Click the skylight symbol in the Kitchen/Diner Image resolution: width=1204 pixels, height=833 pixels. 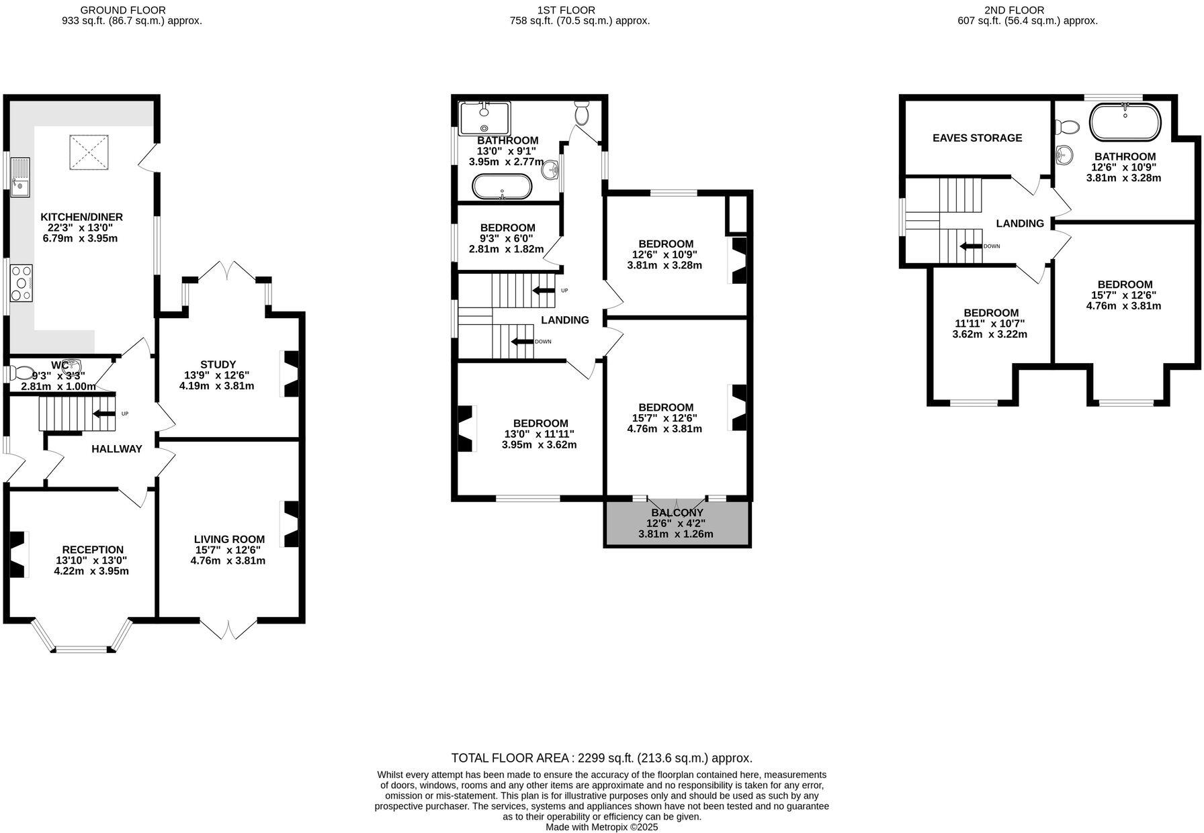pyautogui.click(x=89, y=152)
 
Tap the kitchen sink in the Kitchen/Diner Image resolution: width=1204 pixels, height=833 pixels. pyautogui.click(x=20, y=177)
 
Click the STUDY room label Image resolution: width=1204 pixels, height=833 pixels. pyautogui.click(x=218, y=364)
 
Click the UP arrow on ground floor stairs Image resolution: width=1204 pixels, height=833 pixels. pyautogui.click(x=103, y=413)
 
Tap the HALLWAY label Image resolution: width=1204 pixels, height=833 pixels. pyautogui.click(x=117, y=449)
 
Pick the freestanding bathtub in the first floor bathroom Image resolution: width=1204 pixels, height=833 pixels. pyautogui.click(x=502, y=187)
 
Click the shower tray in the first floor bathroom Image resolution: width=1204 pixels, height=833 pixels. pyautogui.click(x=484, y=118)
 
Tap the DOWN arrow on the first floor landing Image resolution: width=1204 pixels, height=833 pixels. pyautogui.click(x=521, y=341)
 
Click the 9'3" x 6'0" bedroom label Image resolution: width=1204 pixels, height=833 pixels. pyautogui.click(x=507, y=238)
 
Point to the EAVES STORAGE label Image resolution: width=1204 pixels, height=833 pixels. pyautogui.click(x=977, y=138)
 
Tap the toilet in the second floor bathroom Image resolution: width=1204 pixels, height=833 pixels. pyautogui.click(x=1067, y=126)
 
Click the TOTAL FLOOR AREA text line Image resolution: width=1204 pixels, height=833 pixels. pyautogui.click(x=601, y=758)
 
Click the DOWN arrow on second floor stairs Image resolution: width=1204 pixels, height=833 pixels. pyautogui.click(x=971, y=246)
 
